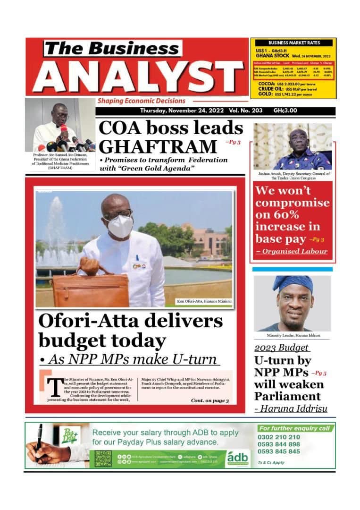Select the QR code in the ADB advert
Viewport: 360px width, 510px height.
coord(103,458)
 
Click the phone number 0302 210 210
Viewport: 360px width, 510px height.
coord(279,437)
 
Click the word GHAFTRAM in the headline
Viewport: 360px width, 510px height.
coord(158,146)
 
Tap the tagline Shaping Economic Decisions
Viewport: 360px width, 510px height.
coord(142,101)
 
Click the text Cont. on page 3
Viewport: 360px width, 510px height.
coord(209,400)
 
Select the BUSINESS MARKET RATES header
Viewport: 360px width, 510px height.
coord(293,42)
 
